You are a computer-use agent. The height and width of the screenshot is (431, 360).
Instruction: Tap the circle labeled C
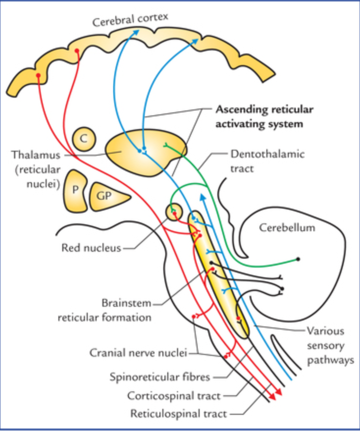click(84, 139)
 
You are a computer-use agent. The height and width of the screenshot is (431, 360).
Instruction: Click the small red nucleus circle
click(173, 213)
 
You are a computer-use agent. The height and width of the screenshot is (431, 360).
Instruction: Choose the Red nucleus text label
click(91, 248)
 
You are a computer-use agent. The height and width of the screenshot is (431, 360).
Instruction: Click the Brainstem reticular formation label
click(104, 310)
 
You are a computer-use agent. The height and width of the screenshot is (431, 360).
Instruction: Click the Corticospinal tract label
click(174, 395)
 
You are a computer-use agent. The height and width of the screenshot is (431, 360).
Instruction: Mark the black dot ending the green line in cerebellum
click(298, 259)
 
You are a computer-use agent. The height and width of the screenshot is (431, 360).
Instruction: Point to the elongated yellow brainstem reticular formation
click(218, 275)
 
